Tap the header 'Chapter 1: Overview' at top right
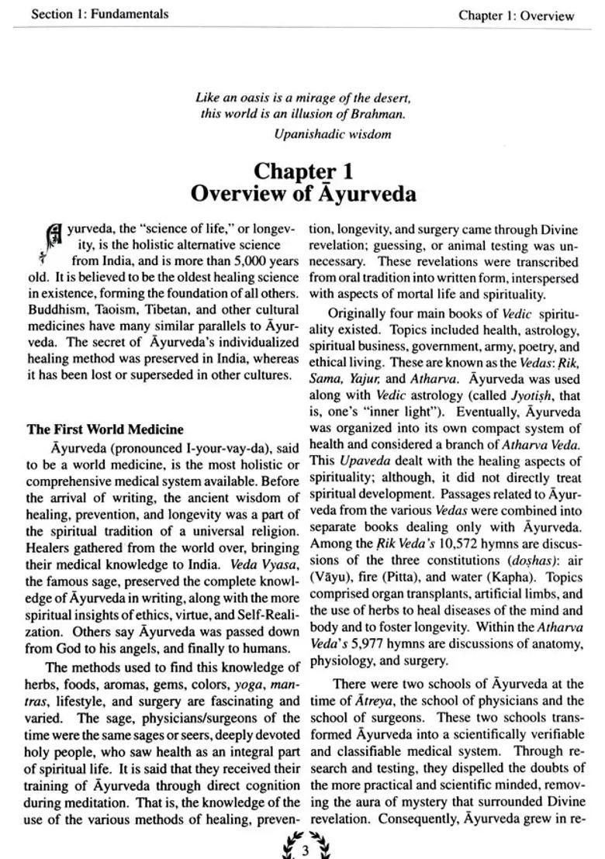pyautogui.click(x=516, y=16)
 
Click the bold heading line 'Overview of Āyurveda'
pyautogui.click(x=303, y=193)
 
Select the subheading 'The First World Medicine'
pyautogui.click(x=105, y=429)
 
